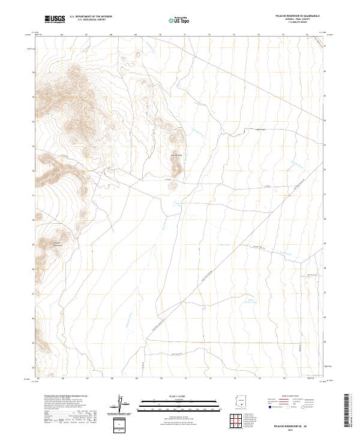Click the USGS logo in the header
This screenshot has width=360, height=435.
(55, 20)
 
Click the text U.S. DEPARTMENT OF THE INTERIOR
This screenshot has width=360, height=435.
(91, 17)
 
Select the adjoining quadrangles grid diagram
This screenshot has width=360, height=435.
(240, 421)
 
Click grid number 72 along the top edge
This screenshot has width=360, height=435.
(209, 35)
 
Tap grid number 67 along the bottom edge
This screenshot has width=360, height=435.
(87, 379)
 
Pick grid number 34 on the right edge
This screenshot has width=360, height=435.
(325, 120)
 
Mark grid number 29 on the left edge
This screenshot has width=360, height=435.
(34, 244)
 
